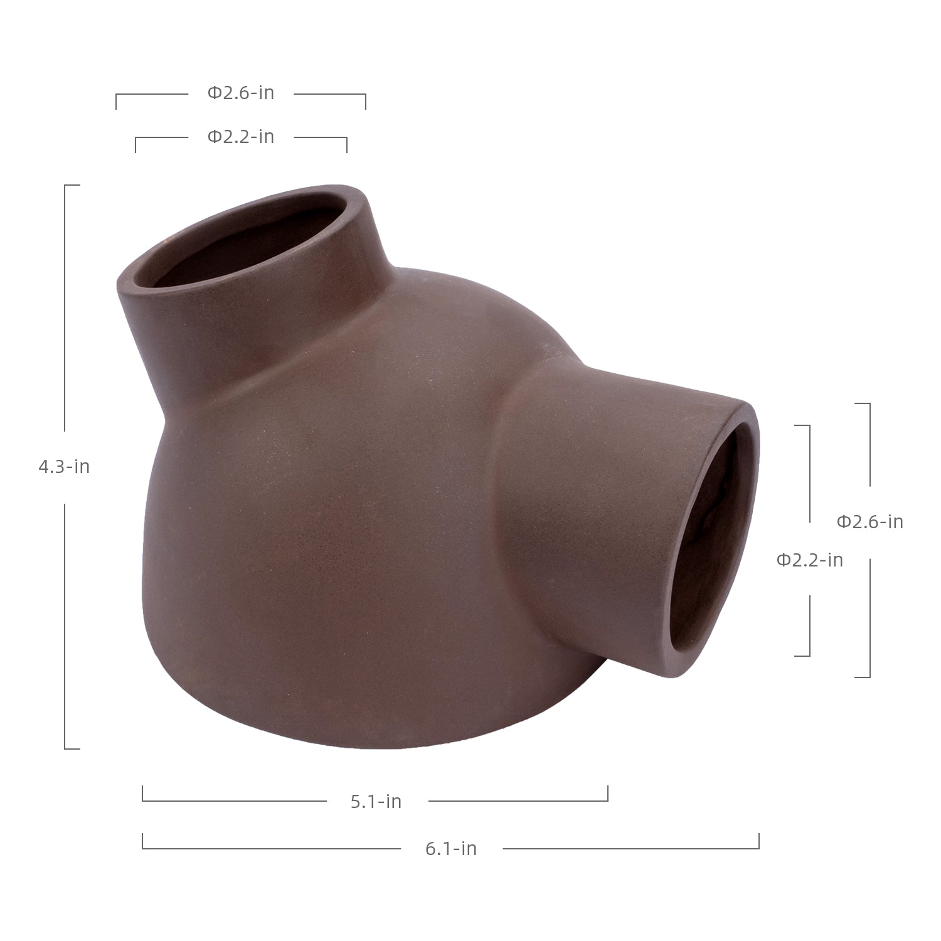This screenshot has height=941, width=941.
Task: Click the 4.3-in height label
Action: [64, 467]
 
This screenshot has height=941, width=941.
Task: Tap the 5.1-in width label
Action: [376, 801]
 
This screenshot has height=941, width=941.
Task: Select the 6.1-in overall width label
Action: [451, 849]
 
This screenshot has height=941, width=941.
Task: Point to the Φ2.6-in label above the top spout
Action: [241, 93]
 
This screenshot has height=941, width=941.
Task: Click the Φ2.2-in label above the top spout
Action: [241, 136]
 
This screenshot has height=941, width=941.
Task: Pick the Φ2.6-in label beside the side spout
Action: [870, 522]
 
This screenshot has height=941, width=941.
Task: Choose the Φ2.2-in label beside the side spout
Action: [810, 560]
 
